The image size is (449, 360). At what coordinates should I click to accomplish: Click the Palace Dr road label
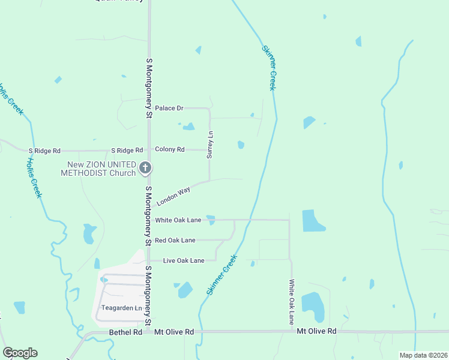pyautogui.click(x=169, y=108)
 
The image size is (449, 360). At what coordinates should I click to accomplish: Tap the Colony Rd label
pyautogui.click(x=169, y=149)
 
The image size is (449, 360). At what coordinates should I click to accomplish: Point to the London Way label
pyautogui.click(x=173, y=196)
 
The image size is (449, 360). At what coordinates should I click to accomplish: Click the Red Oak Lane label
pyautogui.click(x=175, y=240)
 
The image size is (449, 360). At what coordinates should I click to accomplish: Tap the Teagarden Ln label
pyautogui.click(x=121, y=308)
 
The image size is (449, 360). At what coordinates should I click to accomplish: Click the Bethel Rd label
pyautogui.click(x=125, y=332)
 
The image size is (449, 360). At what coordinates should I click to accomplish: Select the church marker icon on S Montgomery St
pyautogui.click(x=145, y=168)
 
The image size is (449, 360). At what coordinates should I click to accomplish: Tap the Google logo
pyautogui.click(x=20, y=353)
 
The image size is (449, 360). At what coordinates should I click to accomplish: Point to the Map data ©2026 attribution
pyautogui.click(x=423, y=355)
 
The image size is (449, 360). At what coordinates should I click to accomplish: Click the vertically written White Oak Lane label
pyautogui.click(x=292, y=302)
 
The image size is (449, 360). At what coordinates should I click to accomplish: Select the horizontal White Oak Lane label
pyautogui.click(x=178, y=220)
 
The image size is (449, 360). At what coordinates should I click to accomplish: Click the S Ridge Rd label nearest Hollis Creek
pyautogui.click(x=44, y=150)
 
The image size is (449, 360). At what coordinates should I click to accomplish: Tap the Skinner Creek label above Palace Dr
pyautogui.click(x=269, y=68)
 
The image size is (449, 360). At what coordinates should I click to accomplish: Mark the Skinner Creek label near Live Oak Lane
pyautogui.click(x=223, y=274)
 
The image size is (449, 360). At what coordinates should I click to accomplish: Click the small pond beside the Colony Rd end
pyautogui.click(x=241, y=145)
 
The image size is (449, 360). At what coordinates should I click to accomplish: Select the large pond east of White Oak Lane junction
pyautogui.click(x=312, y=221)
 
